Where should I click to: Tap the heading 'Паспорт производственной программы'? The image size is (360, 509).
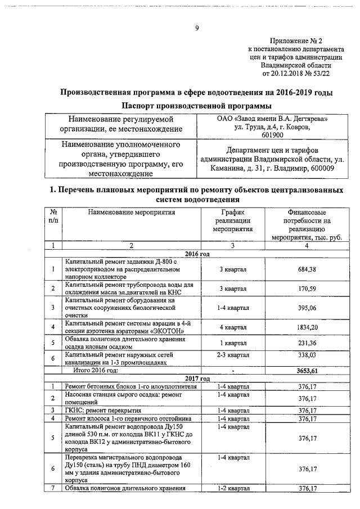coord(196,106)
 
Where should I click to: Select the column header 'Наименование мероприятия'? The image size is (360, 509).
coord(131,212)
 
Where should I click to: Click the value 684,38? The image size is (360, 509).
coord(307,270)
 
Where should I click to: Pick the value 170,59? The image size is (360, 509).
coord(307,289)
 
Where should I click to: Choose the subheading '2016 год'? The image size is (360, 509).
coord(197,254)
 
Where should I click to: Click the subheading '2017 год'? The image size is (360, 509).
coord(197,378)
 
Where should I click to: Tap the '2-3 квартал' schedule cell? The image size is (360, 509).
coord(232,355)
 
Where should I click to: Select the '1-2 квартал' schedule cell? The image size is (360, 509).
coord(232,488)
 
